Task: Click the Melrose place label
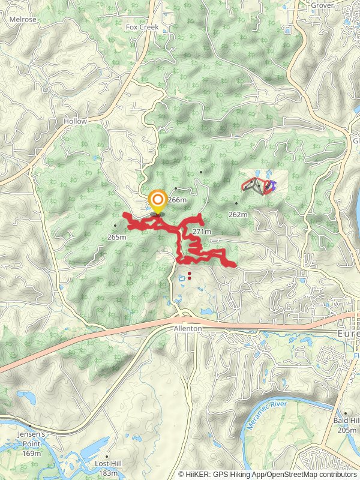(x=23, y=19)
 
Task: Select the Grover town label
(x=322, y=5)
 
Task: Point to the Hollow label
(x=75, y=121)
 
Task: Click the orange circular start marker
(x=158, y=200)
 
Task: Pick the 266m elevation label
(x=178, y=200)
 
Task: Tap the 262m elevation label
(x=238, y=214)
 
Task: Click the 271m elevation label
(x=202, y=231)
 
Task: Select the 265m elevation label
(x=117, y=236)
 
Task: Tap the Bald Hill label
(x=346, y=421)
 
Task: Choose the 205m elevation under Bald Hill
(x=346, y=430)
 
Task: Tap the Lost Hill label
(x=108, y=464)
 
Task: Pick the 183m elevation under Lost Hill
(x=108, y=472)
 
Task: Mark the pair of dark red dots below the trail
(x=189, y=276)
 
